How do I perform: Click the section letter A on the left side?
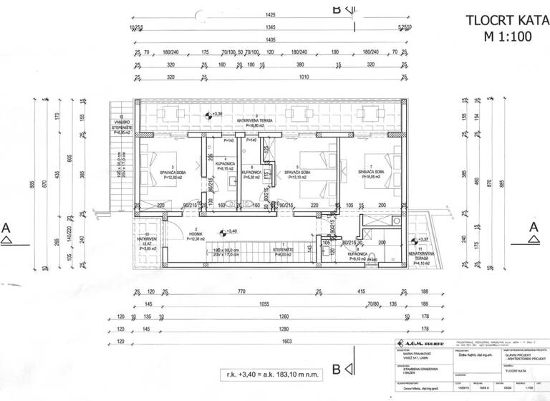(x=6, y=226)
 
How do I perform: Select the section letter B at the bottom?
(x=335, y=370)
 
